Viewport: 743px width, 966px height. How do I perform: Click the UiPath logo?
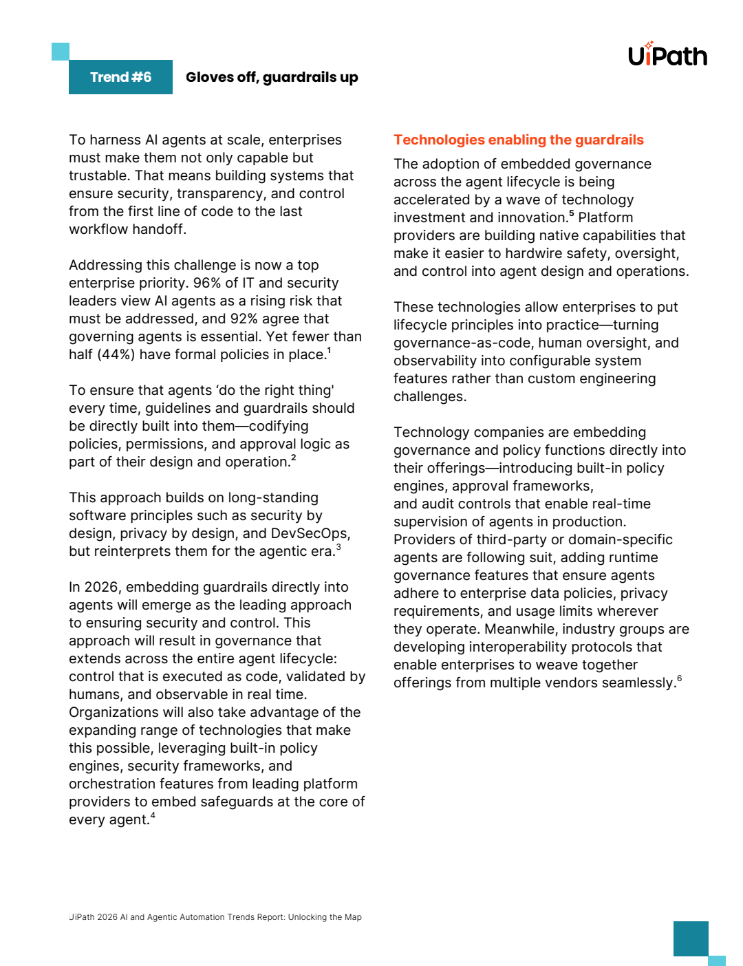click(x=667, y=55)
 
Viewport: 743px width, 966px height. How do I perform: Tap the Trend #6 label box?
click(x=120, y=77)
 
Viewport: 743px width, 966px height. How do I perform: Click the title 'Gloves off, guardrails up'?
click(x=272, y=77)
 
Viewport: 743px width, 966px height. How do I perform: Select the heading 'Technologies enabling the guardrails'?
click(x=518, y=140)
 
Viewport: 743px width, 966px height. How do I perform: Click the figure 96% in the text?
click(x=206, y=283)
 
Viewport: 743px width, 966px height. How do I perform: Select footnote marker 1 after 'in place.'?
click(x=329, y=350)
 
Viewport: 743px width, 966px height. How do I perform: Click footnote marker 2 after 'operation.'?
click(x=294, y=458)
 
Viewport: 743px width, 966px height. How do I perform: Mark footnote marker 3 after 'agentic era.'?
click(x=338, y=547)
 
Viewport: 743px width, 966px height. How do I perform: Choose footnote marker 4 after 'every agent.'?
click(x=153, y=815)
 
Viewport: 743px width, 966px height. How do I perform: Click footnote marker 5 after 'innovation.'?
click(x=571, y=213)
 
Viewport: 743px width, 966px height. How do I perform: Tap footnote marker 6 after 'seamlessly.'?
click(x=679, y=678)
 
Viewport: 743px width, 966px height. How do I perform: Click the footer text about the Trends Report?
click(x=215, y=917)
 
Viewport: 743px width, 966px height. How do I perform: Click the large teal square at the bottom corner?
click(x=691, y=938)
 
